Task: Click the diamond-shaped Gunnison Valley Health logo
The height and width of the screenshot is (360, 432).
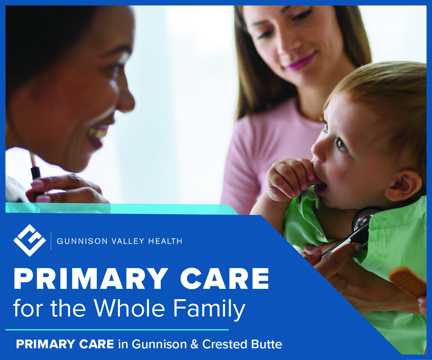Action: pos(29,240)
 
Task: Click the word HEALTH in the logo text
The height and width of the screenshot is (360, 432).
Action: pos(165,241)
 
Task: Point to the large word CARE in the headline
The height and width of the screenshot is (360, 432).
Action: pos(225,279)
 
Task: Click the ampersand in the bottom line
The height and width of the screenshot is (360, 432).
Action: pos(194,344)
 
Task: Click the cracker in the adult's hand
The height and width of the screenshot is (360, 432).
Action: pos(408,282)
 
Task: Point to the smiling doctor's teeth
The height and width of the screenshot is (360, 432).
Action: pos(97,133)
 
